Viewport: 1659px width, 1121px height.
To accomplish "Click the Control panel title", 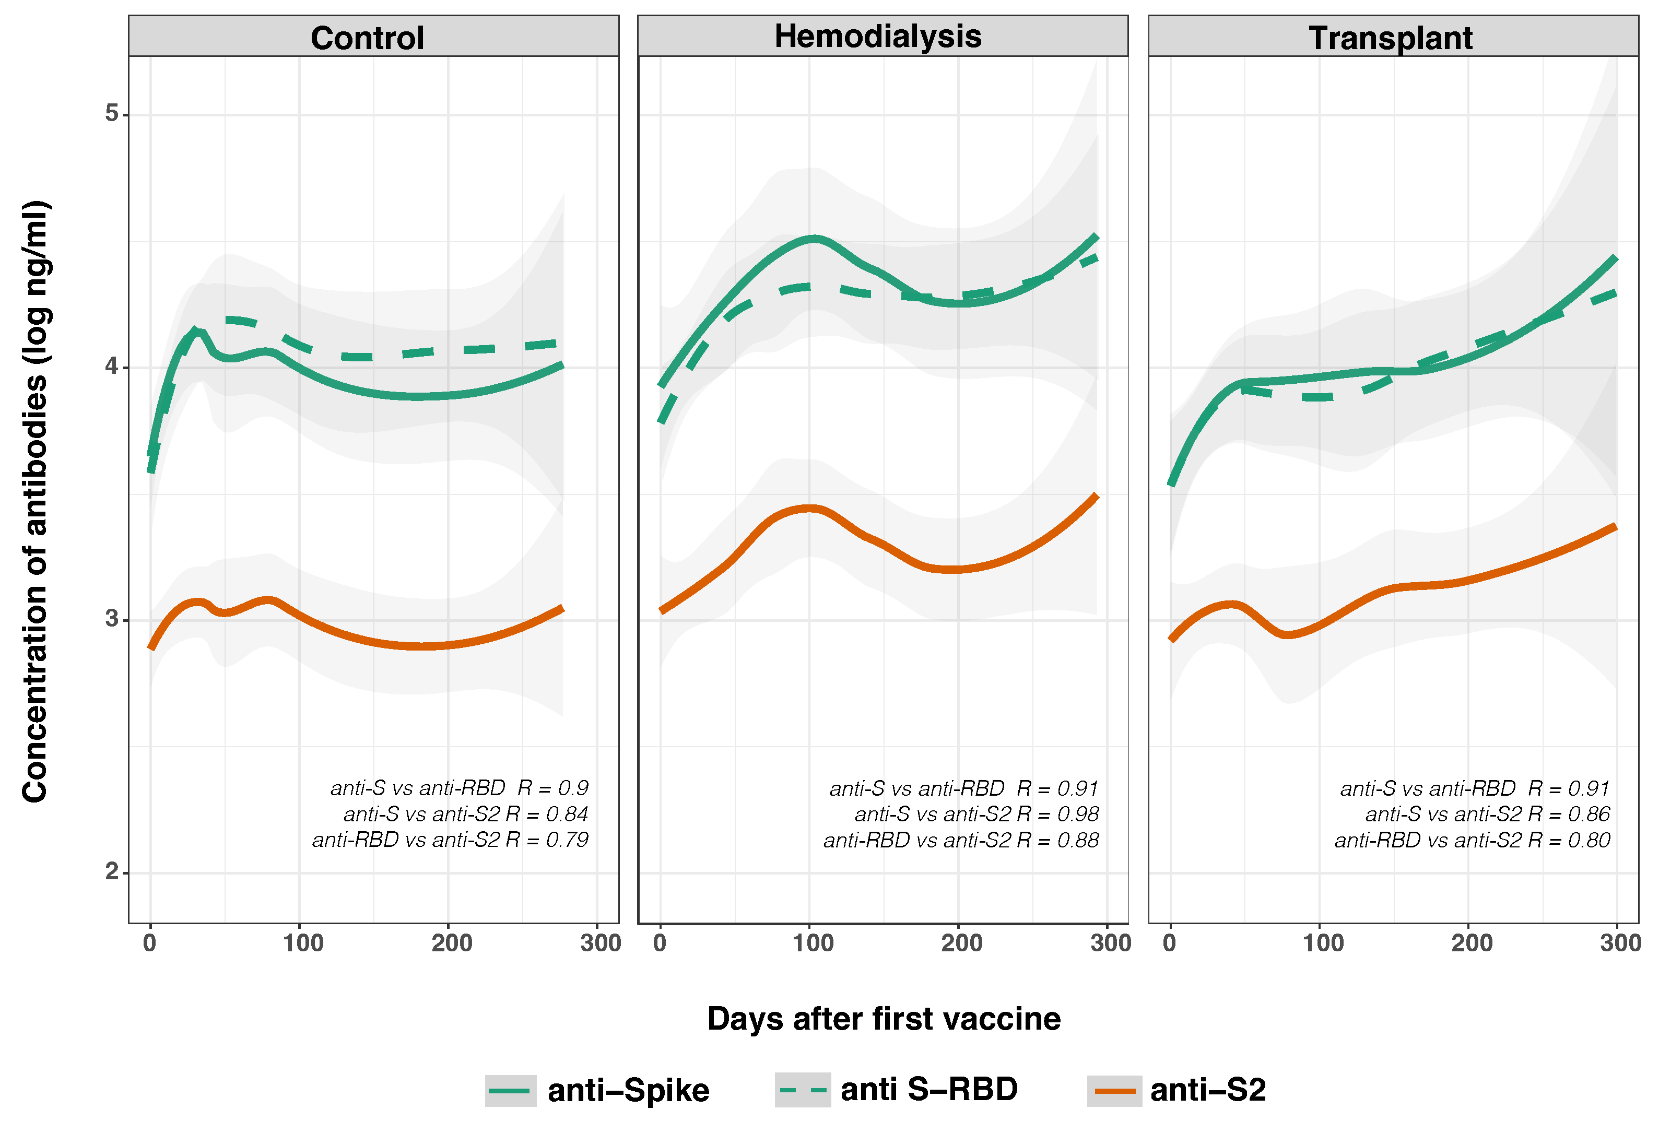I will coord(367,38).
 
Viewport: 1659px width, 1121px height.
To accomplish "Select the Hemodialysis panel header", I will coord(877,37).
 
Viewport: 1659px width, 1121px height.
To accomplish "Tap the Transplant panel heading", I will coord(1390,38).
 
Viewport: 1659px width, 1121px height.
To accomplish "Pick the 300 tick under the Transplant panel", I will coord(1619,943).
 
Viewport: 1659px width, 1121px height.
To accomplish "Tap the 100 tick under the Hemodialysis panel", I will coord(813,943).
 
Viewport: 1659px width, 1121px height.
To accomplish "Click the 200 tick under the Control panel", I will coord(451,943).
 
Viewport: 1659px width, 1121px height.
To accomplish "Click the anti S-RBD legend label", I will coord(928,1089).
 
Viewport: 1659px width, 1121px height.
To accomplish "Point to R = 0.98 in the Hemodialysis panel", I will coord(1057,814).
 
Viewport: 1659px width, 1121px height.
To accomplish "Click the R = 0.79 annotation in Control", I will coord(547,840).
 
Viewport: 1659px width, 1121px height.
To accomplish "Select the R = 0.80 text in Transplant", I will coord(1569,840).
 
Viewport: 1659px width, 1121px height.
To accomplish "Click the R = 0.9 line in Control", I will coord(552,788).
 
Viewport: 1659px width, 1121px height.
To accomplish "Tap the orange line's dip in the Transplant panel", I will coord(1286,634).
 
